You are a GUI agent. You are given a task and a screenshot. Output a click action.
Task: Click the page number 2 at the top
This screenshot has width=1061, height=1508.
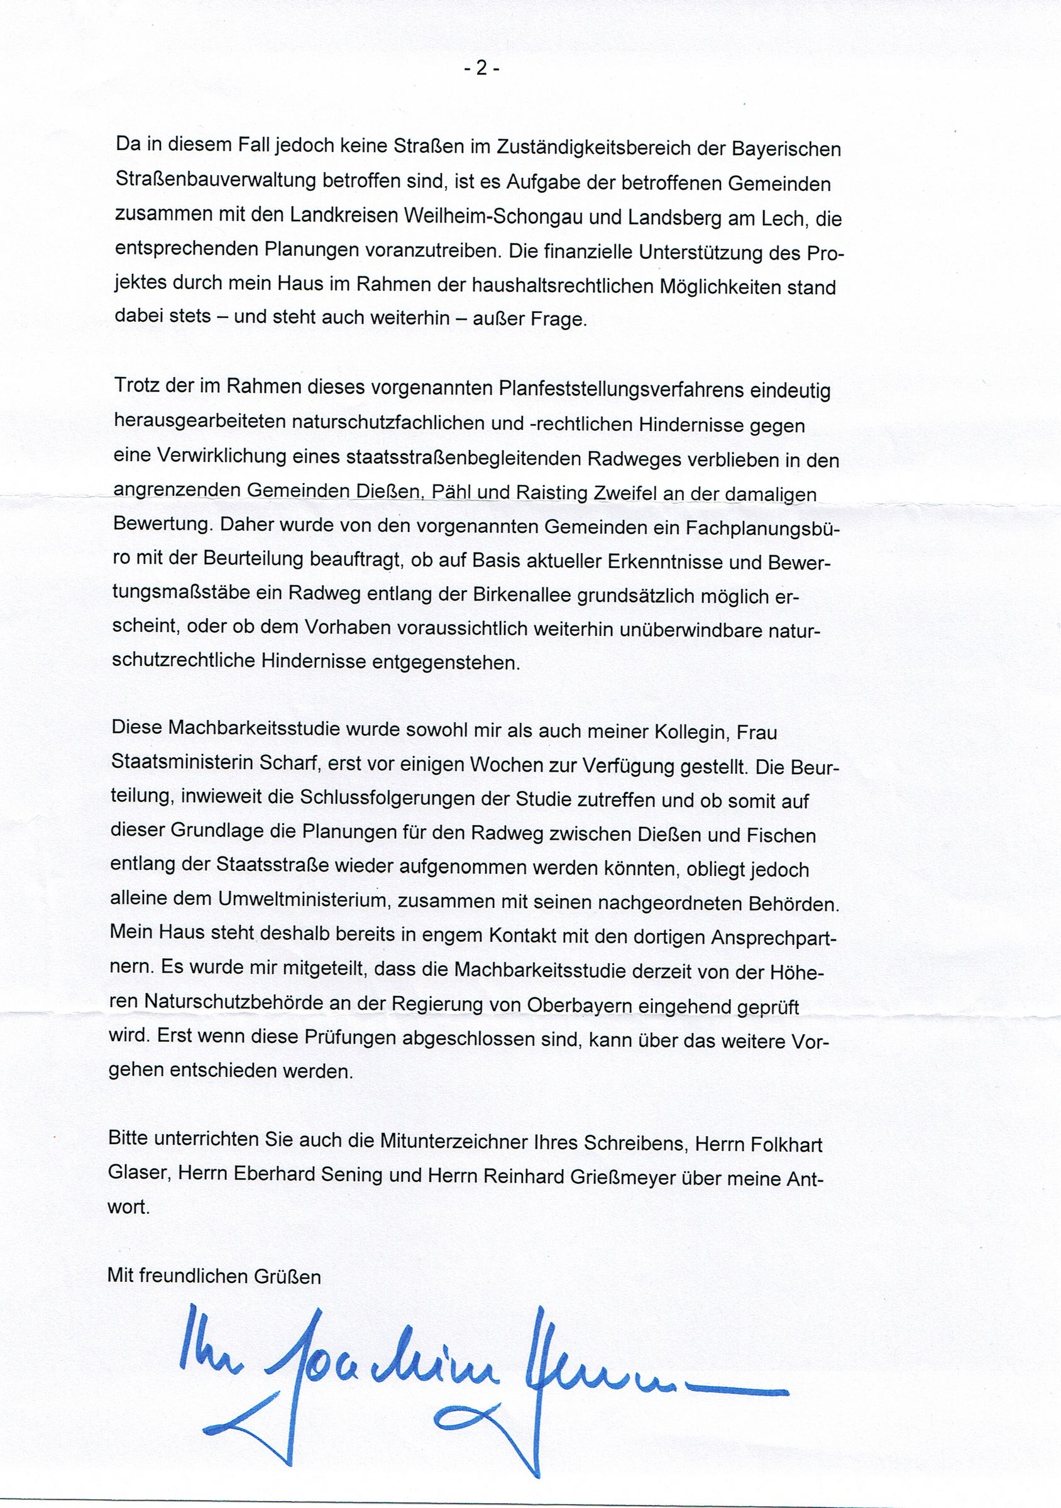point(481,69)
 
